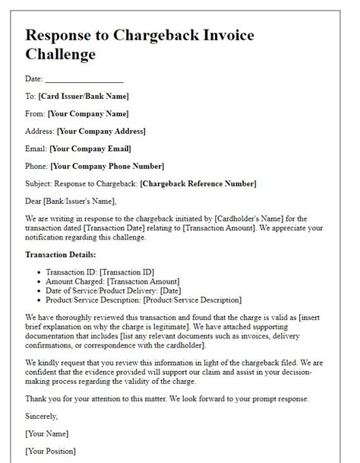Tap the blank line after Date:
tap(84, 80)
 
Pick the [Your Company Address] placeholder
tap(100, 132)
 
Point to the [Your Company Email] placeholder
tap(90, 148)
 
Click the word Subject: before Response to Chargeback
tap(40, 183)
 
